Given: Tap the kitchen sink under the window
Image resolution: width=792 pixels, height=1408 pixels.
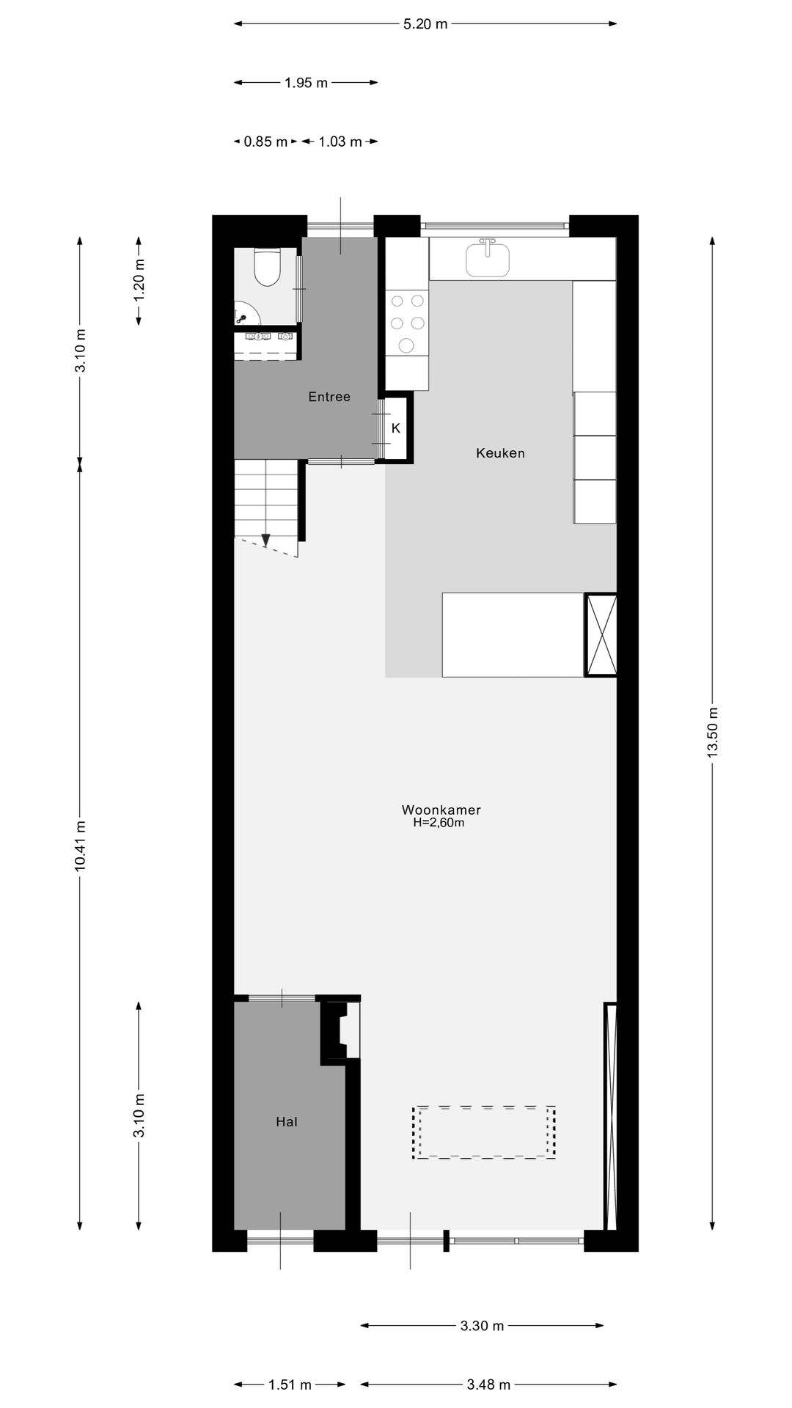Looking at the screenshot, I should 488,258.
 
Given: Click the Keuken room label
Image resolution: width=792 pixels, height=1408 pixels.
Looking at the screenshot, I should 500,453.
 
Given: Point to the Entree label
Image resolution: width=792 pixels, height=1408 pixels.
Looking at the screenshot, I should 329,397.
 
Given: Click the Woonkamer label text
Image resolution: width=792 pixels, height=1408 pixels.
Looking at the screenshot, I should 441,810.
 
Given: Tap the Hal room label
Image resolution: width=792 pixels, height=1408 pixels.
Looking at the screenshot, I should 287,1121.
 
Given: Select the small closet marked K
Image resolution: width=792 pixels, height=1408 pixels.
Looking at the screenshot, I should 396,428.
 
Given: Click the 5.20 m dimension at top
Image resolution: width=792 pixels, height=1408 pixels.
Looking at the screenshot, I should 425,23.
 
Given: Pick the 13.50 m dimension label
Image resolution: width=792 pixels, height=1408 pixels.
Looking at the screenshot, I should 712,733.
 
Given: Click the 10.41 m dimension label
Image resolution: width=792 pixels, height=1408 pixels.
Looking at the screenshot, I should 80,846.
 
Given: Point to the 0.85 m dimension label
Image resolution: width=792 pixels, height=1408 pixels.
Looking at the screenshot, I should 265,142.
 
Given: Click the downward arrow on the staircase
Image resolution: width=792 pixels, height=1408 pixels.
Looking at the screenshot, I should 265,541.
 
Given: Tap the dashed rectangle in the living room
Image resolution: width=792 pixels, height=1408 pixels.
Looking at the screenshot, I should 484,1132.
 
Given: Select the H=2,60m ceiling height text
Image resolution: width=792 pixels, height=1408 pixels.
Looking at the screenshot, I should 439,823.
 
